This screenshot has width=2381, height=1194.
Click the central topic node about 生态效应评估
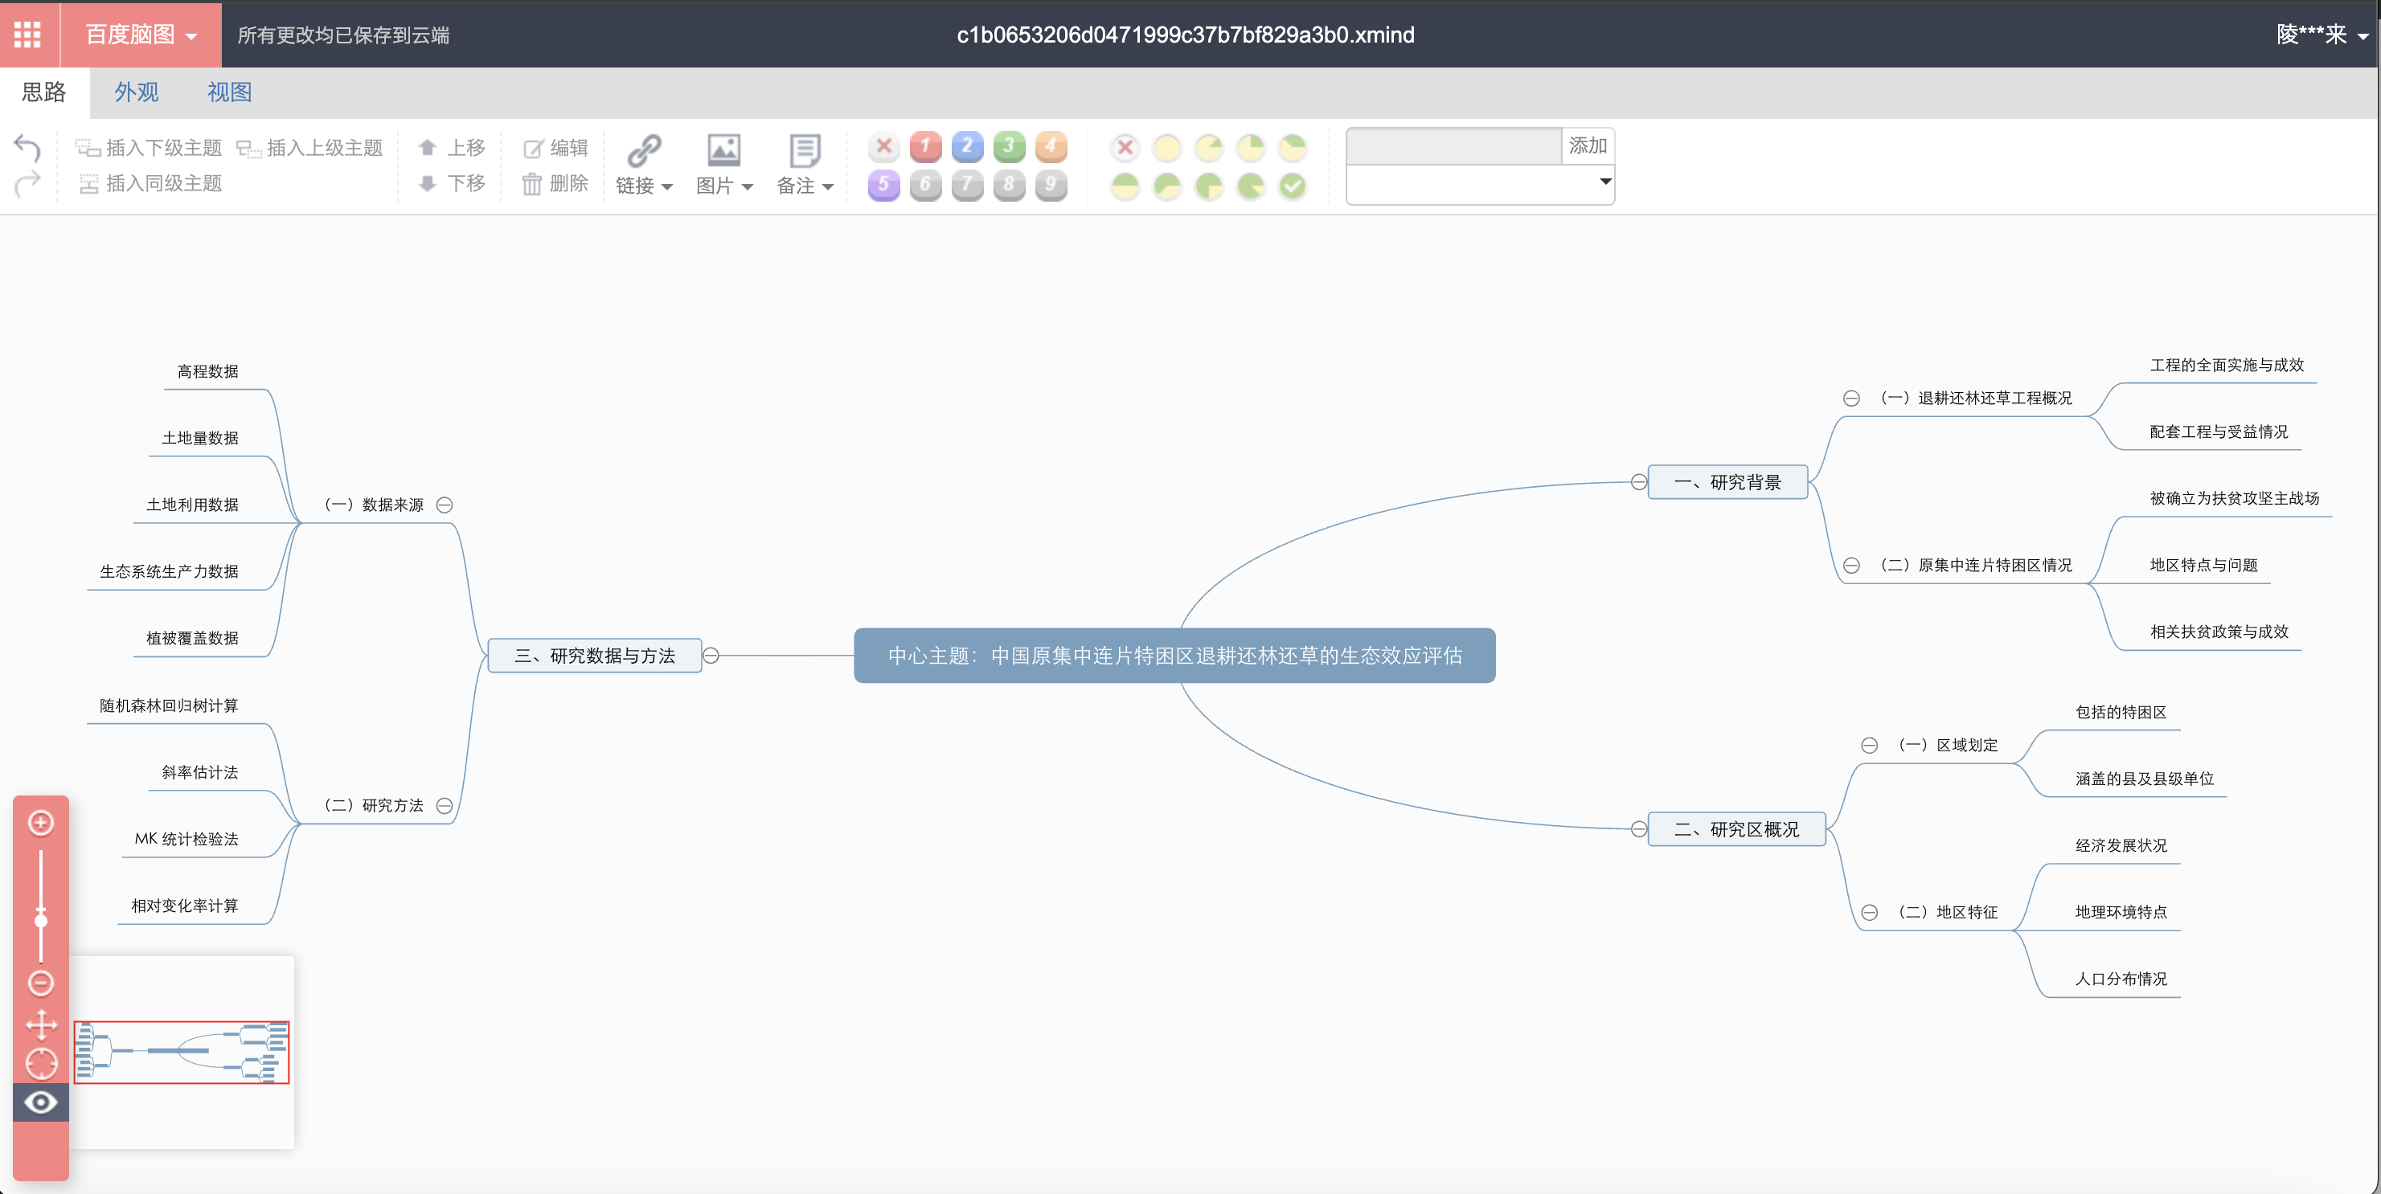point(1174,655)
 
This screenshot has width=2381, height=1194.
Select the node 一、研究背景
point(1727,481)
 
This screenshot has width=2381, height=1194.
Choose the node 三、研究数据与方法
point(594,655)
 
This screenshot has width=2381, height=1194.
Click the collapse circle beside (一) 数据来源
point(445,505)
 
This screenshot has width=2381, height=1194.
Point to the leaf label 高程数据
point(208,371)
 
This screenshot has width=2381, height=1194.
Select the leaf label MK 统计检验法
point(186,839)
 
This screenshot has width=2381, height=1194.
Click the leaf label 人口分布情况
point(2121,979)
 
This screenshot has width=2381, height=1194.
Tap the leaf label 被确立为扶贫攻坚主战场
point(2234,498)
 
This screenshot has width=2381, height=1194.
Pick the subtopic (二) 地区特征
point(1948,912)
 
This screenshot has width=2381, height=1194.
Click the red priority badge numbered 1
point(925,146)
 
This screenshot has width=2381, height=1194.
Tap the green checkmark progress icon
point(1292,186)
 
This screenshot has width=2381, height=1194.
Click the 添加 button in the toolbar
point(1587,146)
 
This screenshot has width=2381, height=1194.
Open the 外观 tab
point(137,92)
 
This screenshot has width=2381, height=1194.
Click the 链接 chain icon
point(644,149)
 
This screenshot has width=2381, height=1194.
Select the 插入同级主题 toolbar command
point(150,184)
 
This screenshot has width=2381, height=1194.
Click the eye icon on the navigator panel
point(41,1102)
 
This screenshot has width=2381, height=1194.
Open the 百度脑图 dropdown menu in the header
point(141,35)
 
